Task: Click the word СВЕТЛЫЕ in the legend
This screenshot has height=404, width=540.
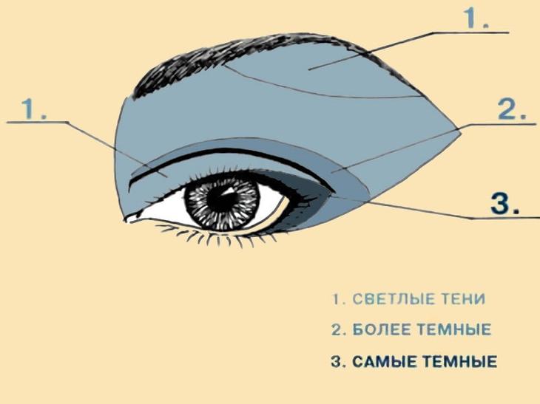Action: click(x=394, y=299)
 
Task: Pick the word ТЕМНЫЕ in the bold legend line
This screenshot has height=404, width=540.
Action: click(x=459, y=362)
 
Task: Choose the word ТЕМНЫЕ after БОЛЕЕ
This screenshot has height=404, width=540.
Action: click(x=454, y=329)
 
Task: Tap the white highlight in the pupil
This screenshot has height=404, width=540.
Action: click(x=228, y=191)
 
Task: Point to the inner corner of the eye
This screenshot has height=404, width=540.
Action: click(x=128, y=219)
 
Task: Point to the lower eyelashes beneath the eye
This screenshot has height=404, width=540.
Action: click(x=214, y=236)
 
